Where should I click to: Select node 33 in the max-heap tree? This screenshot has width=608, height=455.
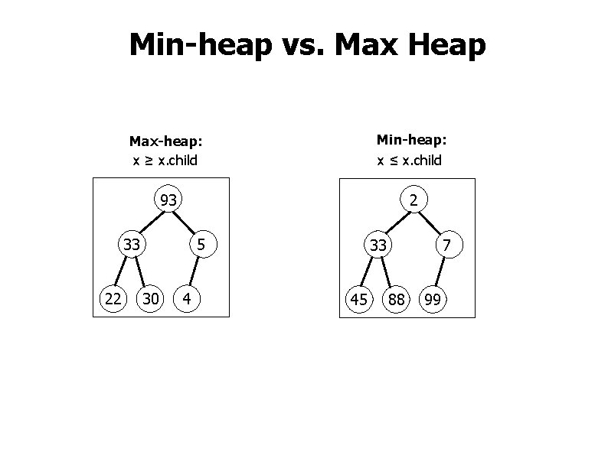(132, 245)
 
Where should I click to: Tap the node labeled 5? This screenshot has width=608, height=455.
(201, 245)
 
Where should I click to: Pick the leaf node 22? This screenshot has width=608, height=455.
(113, 298)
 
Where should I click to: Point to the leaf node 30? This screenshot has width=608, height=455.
(151, 298)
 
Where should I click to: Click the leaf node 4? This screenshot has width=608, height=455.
(188, 298)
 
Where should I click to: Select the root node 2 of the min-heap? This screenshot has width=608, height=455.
(413, 200)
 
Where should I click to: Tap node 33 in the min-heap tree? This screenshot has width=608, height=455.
(378, 245)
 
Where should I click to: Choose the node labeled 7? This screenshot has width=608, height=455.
(446, 245)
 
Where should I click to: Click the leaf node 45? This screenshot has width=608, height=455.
(358, 299)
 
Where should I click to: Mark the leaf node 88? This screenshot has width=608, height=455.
(396, 299)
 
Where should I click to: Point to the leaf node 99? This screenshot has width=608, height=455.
(433, 299)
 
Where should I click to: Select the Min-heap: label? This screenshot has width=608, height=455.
(411, 140)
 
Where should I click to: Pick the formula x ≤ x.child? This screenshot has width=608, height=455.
(409, 161)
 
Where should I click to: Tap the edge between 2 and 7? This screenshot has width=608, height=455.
(430, 223)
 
